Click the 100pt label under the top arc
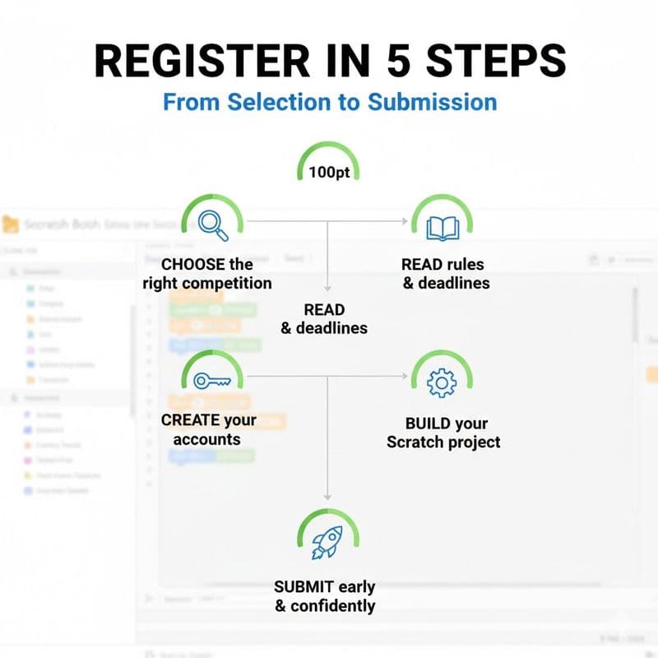[x=328, y=174]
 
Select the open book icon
[x=443, y=225]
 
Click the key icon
[x=211, y=380]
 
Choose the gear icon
[x=443, y=382]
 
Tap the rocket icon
[x=327, y=540]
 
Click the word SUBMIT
[x=304, y=587]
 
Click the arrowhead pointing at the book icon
[x=405, y=221]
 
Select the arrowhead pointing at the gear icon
[x=405, y=377]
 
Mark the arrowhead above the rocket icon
[x=327, y=496]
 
